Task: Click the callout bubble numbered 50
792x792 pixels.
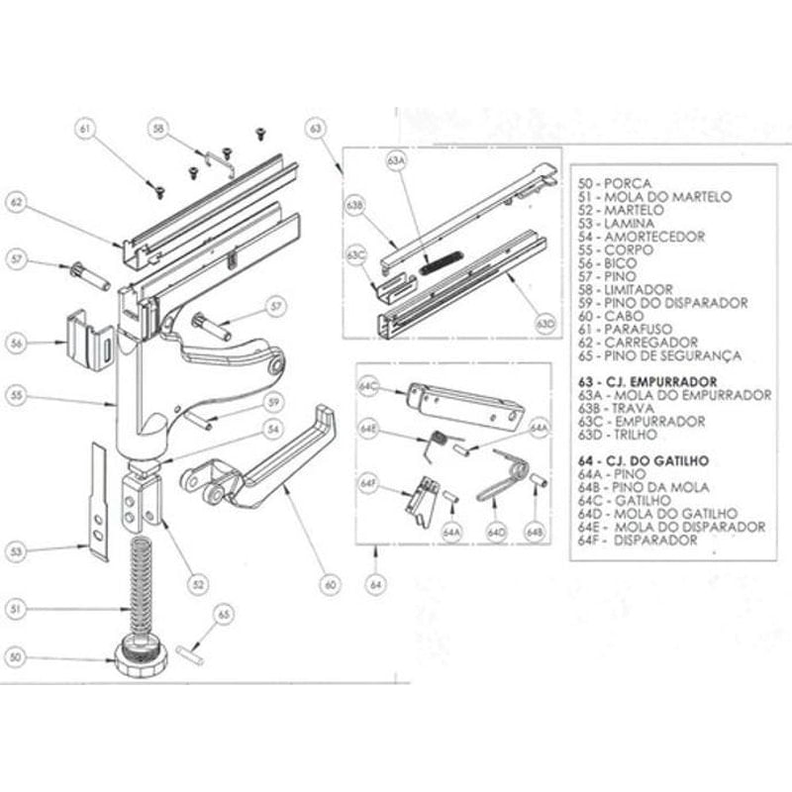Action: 14,656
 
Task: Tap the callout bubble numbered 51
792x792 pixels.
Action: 14,610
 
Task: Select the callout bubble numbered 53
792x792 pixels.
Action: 14,550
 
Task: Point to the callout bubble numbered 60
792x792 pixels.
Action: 330,585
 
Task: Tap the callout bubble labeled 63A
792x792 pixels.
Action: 397,159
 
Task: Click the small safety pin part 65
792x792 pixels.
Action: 191,653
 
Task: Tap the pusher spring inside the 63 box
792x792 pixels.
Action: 442,262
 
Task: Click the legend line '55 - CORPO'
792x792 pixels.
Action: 619,249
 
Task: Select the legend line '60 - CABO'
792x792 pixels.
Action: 615,316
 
